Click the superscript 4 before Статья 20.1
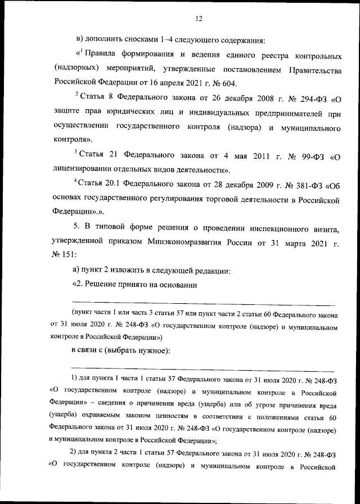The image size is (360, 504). [x=76, y=182]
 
